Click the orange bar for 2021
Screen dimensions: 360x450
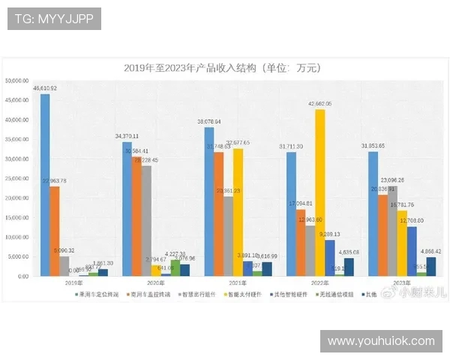218,214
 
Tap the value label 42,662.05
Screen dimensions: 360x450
319,103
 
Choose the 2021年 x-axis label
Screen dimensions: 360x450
217,283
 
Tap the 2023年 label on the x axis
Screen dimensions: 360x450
382,283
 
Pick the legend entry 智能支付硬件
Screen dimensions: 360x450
242,294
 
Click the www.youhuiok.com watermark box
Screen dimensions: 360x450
381,341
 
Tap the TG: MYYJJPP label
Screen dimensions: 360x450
53,18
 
